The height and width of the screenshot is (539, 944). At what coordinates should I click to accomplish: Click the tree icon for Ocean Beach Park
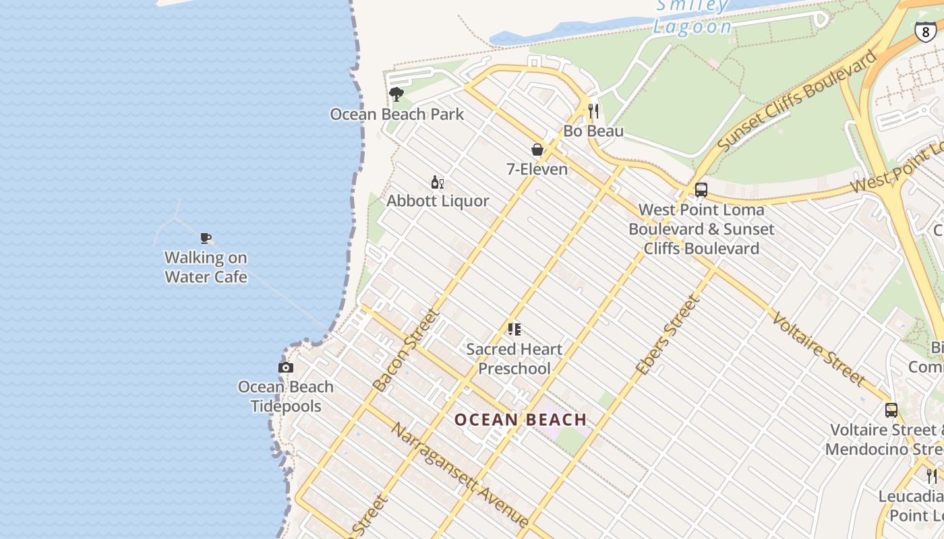pos(396,94)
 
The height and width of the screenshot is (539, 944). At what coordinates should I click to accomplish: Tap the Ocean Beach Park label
pos(396,114)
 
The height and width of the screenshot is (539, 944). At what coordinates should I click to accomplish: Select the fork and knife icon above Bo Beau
pos(593,111)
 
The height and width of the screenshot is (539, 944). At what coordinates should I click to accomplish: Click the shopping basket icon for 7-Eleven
pos(537,150)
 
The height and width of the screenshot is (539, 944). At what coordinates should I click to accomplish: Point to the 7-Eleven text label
pos(537,169)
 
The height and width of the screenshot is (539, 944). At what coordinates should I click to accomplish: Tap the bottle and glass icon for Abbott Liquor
pos(438,182)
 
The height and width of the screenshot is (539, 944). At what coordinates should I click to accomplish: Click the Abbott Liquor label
pos(438,201)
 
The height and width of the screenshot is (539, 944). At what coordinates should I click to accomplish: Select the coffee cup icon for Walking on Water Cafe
pos(206,238)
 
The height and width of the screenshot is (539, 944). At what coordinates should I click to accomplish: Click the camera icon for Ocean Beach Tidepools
pos(286,367)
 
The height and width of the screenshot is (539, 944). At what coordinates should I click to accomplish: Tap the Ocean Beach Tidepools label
pos(286,396)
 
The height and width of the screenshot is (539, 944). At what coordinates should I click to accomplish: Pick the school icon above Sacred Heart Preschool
pos(514,329)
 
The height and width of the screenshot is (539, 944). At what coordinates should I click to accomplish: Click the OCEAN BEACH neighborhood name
pos(521,420)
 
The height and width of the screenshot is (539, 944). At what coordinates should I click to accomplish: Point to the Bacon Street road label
pos(406,350)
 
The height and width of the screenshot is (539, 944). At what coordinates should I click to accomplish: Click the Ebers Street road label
pos(668,336)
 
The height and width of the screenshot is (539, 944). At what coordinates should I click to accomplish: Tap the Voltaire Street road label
pos(818,349)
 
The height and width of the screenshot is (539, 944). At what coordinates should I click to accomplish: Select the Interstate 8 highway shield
pos(925,30)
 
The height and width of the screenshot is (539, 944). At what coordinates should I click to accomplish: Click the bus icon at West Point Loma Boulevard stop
pos(701,190)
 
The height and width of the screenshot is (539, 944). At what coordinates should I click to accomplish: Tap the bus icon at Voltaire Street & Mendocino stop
pos(891,410)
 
